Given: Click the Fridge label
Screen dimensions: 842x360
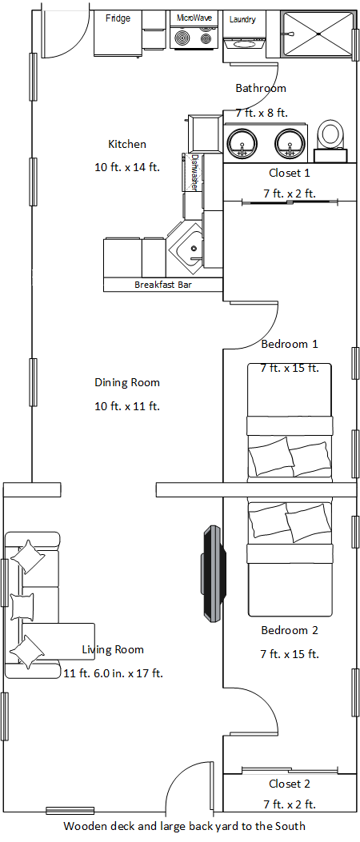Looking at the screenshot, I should [118, 18].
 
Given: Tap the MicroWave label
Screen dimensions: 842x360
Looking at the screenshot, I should [194, 17].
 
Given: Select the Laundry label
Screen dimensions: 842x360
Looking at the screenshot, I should [242, 19].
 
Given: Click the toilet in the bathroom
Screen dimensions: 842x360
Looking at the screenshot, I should [330, 138].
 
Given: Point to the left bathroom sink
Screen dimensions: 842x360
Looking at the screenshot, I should [242, 144].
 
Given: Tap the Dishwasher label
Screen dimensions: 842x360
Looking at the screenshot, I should [194, 173].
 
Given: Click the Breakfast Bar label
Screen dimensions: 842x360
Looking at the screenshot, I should [162, 285].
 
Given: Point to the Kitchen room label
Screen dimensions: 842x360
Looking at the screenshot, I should [127, 144].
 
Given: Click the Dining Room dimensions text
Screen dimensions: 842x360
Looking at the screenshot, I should [127, 406].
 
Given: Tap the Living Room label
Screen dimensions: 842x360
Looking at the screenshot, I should [113, 649].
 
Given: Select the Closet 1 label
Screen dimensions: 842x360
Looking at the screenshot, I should [290, 173].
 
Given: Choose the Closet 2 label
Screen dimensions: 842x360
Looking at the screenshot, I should [290, 784].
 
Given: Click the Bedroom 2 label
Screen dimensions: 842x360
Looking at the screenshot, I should [290, 630].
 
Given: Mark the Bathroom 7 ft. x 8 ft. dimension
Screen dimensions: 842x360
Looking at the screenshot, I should [262, 113].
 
